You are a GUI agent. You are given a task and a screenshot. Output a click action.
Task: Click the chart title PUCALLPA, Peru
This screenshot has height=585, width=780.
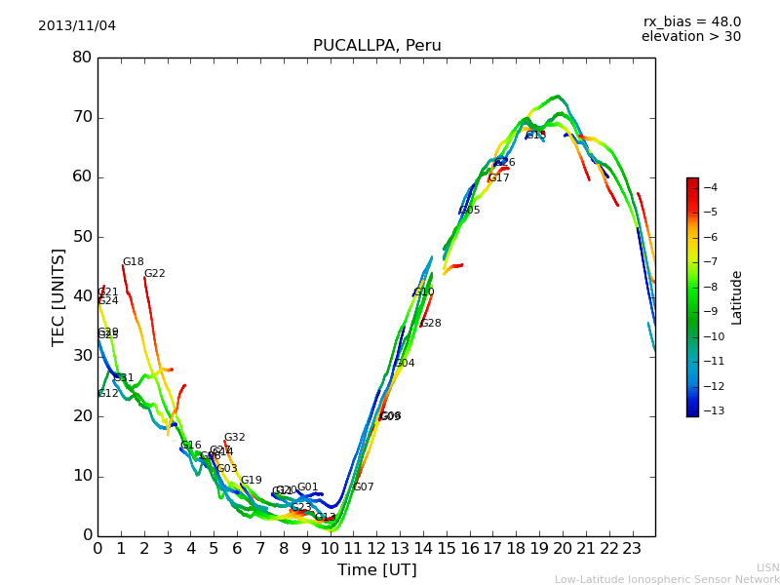[x=376, y=46]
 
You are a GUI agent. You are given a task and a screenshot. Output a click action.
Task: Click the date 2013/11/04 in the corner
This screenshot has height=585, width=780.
[x=77, y=25]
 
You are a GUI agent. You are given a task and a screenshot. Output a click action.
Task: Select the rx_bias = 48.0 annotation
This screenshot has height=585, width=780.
[x=691, y=21]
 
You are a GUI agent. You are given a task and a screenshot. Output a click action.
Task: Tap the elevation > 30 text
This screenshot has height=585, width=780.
[x=690, y=37]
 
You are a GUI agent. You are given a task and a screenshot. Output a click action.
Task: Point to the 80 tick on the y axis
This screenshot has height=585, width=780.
[x=82, y=58]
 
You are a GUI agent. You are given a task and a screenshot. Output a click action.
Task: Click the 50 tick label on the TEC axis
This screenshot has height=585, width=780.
[x=82, y=237]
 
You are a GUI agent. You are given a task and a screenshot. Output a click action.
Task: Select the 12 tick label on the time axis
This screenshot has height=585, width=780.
[x=376, y=549]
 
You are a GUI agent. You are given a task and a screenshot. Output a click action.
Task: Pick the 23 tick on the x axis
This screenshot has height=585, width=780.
[x=632, y=549]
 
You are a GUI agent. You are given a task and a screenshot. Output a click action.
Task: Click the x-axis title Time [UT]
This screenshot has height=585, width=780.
[x=376, y=569]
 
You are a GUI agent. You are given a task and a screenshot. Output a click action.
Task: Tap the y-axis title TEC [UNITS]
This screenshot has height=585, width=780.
[x=58, y=296]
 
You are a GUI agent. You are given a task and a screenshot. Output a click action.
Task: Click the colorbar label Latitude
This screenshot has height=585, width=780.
[x=737, y=296]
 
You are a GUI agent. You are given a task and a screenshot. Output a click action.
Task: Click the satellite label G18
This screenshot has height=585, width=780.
[x=134, y=262]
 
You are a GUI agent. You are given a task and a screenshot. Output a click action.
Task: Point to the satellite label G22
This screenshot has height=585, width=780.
[x=155, y=274]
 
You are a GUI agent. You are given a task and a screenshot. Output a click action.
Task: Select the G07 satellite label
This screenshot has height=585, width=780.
[x=364, y=487]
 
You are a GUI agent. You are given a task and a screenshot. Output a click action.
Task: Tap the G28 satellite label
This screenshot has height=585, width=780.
[x=431, y=324]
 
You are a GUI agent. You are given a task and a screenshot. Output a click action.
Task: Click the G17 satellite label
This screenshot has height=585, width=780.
[x=499, y=178]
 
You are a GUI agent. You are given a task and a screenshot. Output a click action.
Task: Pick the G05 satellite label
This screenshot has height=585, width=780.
[x=470, y=211]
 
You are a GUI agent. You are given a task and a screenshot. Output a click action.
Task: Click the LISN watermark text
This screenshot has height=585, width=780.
[x=767, y=567]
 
